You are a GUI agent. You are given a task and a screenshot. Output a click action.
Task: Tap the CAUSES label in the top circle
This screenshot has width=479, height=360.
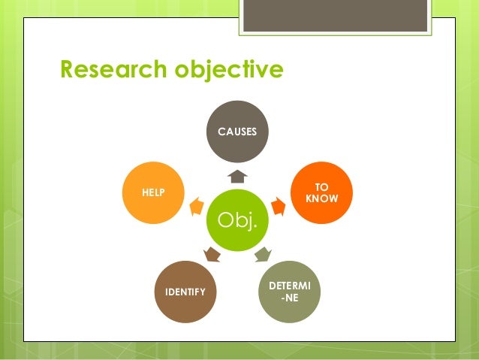237,132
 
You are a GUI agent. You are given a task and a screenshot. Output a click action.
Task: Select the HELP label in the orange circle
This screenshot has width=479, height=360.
153,193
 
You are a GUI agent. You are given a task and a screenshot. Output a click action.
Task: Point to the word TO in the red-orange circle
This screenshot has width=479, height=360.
321,187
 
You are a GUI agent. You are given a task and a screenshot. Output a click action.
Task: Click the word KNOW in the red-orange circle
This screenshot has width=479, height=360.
322,199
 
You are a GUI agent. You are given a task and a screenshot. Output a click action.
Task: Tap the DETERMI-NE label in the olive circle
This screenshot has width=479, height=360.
289,292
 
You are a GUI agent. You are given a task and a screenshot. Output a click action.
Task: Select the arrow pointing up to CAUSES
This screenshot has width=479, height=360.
237,177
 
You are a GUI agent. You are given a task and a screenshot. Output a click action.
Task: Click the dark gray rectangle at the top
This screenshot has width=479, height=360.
335,16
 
